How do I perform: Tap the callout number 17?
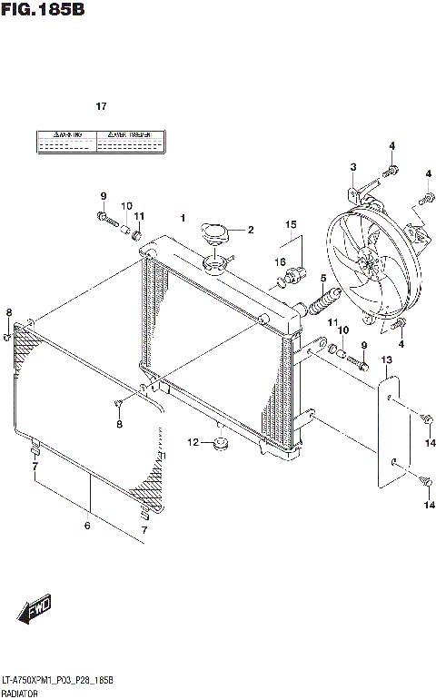point(102,106)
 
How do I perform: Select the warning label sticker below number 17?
point(101,141)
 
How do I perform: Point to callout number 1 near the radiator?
point(183,218)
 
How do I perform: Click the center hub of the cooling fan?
point(369,265)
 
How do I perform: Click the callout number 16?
point(282,261)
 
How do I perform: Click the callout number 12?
point(193,442)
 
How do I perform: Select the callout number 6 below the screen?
point(88,524)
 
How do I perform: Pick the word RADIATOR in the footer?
point(19,691)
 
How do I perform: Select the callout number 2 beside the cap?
point(251,229)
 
